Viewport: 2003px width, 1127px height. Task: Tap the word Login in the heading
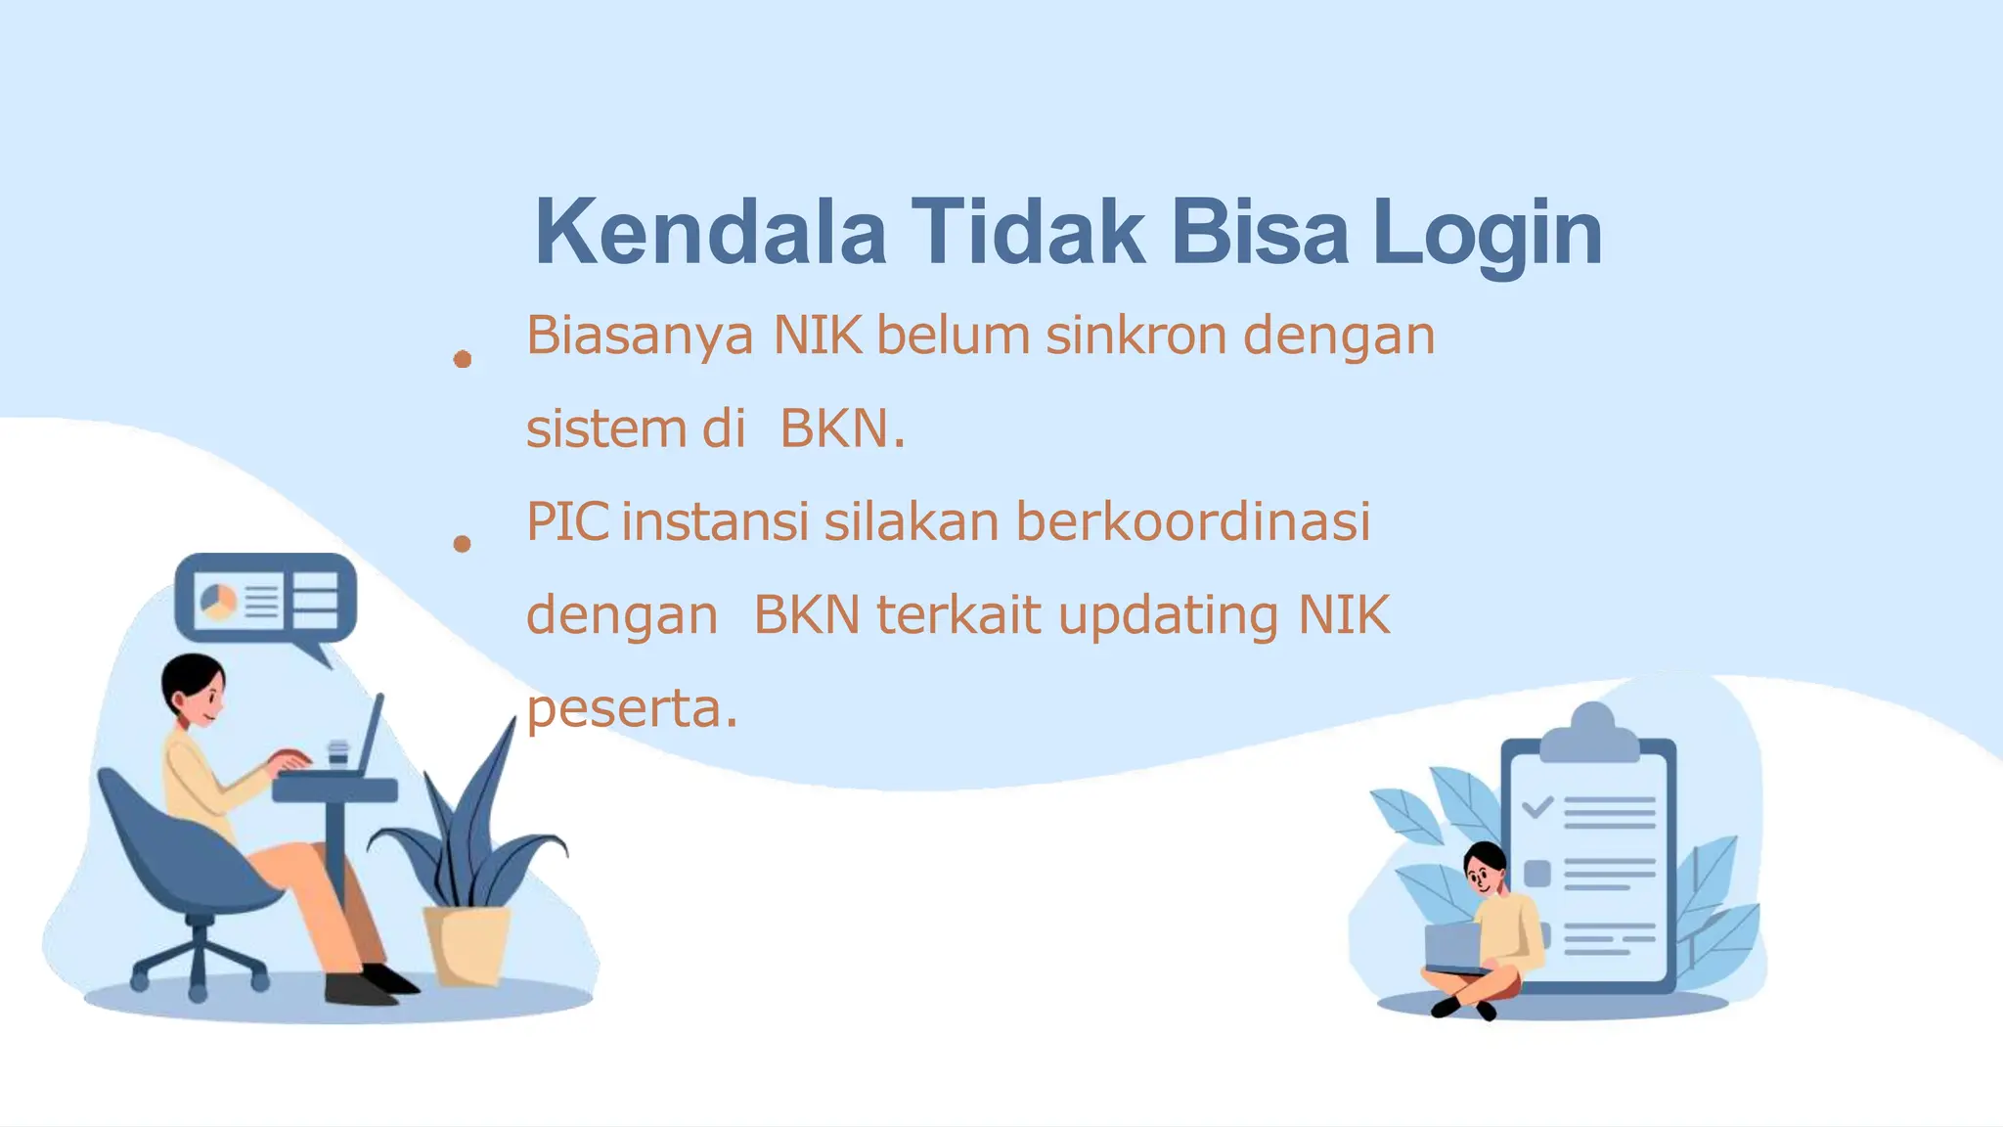tap(1487, 235)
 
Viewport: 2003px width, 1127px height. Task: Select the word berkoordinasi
tap(1192, 521)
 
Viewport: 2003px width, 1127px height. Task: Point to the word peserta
tap(626, 708)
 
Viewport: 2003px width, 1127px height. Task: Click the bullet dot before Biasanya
tap(463, 360)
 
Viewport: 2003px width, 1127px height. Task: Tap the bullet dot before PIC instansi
tap(463, 544)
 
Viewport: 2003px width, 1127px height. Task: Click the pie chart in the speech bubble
tap(217, 599)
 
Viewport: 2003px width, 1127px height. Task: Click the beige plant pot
tap(467, 943)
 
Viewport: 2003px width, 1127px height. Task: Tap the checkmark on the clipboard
tap(1536, 807)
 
